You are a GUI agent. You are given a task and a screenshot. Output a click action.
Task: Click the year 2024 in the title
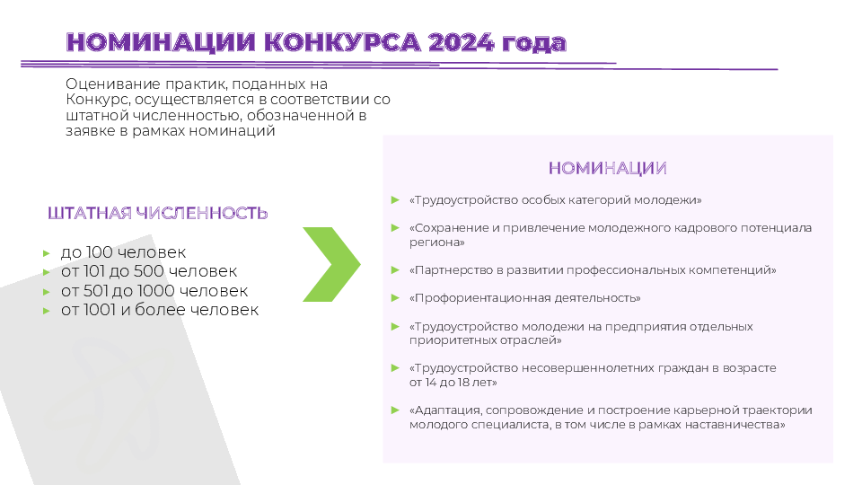tap(461, 42)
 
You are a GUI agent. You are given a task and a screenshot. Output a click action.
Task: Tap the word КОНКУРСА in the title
tap(342, 42)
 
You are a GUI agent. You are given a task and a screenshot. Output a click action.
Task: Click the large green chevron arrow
tap(331, 264)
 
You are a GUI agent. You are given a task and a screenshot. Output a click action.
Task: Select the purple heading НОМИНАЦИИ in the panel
tap(608, 168)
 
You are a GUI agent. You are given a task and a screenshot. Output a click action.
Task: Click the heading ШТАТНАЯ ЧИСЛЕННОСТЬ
tap(158, 213)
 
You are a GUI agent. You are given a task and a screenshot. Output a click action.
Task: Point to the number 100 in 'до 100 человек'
tap(100, 252)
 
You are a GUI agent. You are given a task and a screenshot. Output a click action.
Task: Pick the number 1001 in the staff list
tap(100, 310)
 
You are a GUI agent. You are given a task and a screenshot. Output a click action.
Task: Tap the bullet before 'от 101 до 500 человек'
tap(47, 272)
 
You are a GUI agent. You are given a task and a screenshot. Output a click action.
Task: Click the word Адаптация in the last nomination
tap(447, 410)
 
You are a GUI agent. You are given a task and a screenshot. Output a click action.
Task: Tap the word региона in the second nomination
tap(435, 242)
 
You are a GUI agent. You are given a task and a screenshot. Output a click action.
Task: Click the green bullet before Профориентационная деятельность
tap(395, 298)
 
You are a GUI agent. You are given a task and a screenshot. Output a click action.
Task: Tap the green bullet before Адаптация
tap(395, 410)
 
